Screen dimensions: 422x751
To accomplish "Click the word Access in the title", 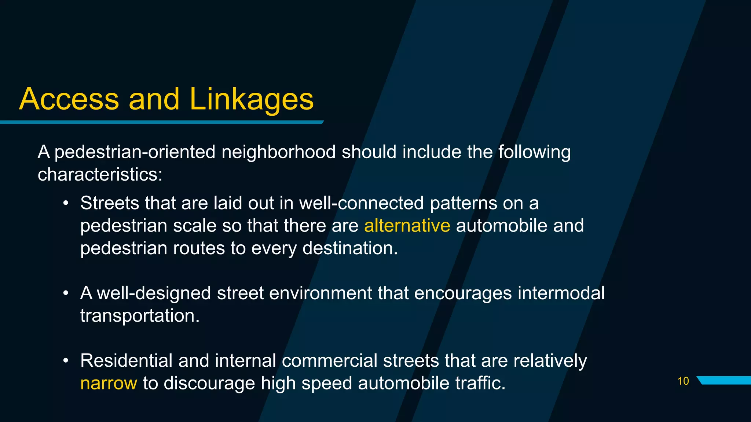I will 69,99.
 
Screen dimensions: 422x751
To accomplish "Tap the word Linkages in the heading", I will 252,100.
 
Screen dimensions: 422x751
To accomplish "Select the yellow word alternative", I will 407,226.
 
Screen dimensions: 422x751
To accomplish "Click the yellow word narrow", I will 109,384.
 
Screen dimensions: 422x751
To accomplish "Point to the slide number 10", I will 683,381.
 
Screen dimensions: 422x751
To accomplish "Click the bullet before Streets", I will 66,203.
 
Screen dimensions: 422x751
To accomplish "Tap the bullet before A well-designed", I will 66,293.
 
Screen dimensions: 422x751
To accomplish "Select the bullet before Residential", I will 66,361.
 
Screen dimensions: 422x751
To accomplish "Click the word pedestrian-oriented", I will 135,152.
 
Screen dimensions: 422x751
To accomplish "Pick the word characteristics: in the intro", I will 100,174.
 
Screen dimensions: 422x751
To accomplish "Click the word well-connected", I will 362,203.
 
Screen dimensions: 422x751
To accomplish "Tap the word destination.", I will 350,248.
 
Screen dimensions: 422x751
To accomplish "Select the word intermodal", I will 561,293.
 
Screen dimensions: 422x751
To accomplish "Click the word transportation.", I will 140,316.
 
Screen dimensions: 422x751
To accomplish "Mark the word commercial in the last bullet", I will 330,360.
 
